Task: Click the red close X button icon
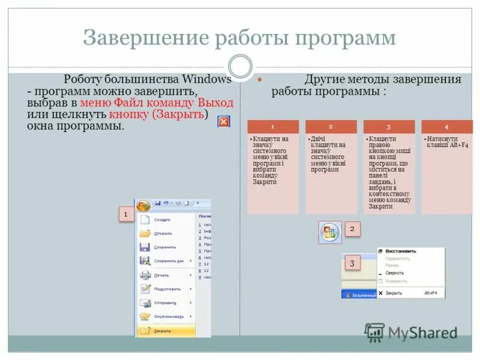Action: point(223,122)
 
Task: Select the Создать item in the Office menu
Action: point(162,220)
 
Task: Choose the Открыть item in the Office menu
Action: point(163,233)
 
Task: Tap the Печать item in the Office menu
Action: point(161,275)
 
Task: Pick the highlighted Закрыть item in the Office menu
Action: point(163,331)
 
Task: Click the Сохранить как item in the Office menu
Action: point(168,261)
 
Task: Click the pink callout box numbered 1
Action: point(125,214)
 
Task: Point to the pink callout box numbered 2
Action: point(352,229)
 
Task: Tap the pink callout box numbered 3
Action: point(352,263)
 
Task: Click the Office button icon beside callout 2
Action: point(330,232)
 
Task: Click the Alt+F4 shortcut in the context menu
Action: point(430,293)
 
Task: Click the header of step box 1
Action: point(272,127)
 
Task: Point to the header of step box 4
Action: point(446,127)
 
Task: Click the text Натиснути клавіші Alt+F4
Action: point(448,142)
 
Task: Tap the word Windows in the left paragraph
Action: point(207,79)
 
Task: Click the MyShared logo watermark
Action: point(412,332)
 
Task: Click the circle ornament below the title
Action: point(241,66)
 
